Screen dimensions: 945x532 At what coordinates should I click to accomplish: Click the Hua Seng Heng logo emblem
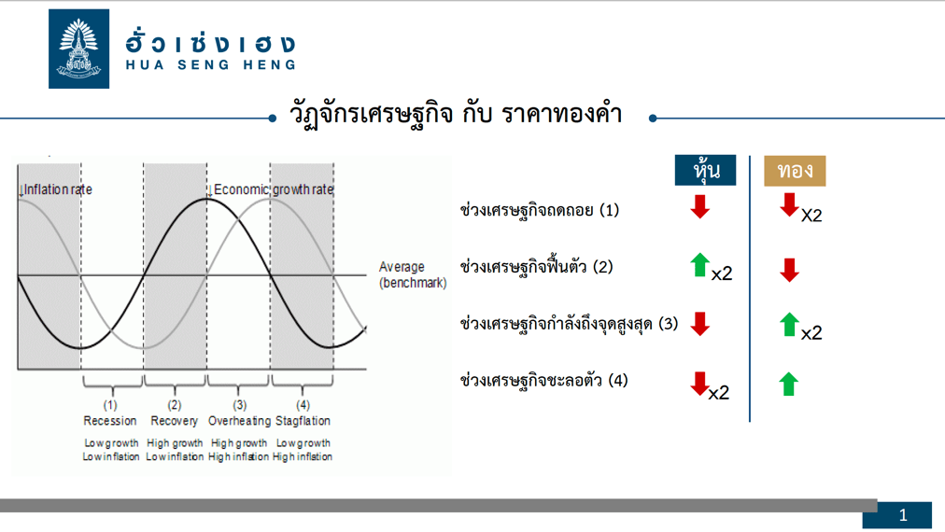[x=79, y=49]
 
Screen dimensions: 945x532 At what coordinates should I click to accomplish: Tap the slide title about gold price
[x=456, y=114]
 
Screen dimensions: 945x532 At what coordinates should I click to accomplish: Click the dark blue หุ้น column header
[x=705, y=171]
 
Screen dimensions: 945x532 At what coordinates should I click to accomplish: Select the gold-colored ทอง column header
[x=795, y=171]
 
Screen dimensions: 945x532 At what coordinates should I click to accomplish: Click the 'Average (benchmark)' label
[x=413, y=274]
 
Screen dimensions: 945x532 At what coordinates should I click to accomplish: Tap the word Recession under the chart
[x=109, y=421]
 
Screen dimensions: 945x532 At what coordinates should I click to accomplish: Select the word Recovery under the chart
[x=175, y=421]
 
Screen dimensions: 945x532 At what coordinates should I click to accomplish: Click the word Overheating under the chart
[x=239, y=421]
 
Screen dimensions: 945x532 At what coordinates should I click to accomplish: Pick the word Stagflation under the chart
[x=303, y=421]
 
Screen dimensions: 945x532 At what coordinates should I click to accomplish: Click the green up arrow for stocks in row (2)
[x=699, y=265]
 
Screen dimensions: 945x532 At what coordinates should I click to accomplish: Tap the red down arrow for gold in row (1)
[x=789, y=204]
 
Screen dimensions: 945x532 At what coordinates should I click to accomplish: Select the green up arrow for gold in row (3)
[x=789, y=324]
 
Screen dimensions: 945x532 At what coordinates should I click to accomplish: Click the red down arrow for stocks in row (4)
[x=699, y=384]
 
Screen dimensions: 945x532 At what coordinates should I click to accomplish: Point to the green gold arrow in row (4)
[x=789, y=384]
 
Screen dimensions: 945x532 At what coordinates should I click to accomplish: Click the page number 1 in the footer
[x=903, y=515]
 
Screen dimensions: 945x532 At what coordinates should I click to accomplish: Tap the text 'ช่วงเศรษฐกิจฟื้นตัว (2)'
[x=536, y=266]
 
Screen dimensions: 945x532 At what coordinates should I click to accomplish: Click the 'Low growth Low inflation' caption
[x=111, y=450]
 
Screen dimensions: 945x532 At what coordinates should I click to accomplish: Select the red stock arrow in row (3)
[x=699, y=324]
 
